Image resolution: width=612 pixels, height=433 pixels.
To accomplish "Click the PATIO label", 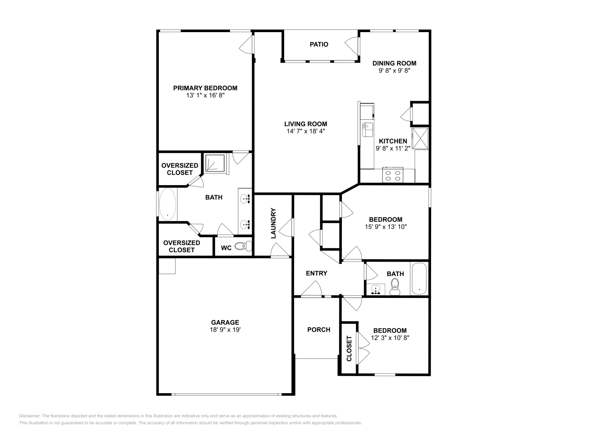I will pos(319,44).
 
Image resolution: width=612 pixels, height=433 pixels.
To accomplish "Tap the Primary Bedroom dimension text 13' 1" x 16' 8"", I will pos(205,96).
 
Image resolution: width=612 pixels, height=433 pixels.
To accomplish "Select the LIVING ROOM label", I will pos(305,124).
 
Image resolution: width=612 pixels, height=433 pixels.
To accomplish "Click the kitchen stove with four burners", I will pos(393,175).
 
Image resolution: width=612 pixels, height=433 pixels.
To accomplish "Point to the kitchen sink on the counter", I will pos(368,130).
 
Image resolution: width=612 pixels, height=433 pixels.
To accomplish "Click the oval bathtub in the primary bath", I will pos(168,204).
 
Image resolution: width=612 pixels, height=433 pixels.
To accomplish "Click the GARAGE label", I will pos(225,322).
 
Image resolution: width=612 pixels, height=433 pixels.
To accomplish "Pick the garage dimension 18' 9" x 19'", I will pos(225,330).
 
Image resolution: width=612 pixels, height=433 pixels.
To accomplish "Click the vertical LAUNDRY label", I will pos(273,223).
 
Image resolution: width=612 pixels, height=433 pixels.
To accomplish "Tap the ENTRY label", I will pos(316,273).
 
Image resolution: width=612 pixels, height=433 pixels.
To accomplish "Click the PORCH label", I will pos(319,329).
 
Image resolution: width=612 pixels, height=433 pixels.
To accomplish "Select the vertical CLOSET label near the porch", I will pos(349,348).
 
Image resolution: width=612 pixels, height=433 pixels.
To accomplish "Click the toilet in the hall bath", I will pos(395,286).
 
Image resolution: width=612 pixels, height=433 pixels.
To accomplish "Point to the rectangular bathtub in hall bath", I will pos(419,278).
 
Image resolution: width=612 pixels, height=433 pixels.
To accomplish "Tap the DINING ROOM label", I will pos(394,63).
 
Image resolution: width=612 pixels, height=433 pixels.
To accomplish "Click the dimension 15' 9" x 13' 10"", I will pos(386,227).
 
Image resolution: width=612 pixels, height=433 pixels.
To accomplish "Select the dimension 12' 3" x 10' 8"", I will pos(390,338).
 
